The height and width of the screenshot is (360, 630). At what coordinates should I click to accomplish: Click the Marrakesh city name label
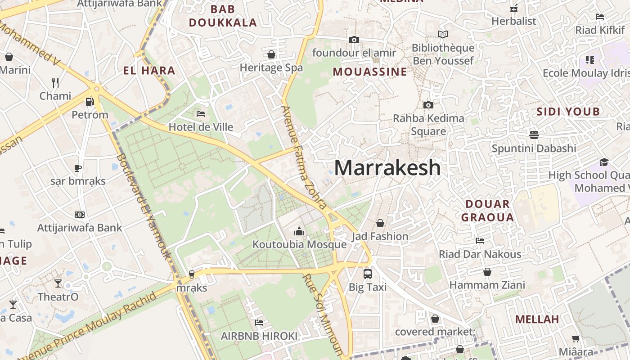[x=387, y=168]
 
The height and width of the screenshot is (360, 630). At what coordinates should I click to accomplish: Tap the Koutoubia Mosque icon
[x=299, y=231]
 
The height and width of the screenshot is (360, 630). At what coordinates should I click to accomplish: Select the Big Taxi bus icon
[x=367, y=273]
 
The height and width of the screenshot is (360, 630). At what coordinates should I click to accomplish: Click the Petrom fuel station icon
[x=90, y=101]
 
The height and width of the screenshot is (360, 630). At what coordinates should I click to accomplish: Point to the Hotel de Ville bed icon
[x=201, y=113]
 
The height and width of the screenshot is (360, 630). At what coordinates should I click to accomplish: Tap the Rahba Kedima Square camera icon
[x=428, y=105]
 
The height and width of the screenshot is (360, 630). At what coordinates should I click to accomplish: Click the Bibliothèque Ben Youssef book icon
[x=443, y=34]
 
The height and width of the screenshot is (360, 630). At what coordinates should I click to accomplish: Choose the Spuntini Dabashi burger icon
[x=534, y=135]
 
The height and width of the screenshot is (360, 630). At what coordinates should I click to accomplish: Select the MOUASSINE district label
[x=370, y=72]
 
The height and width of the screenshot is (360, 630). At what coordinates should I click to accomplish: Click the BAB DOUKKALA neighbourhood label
[x=223, y=16]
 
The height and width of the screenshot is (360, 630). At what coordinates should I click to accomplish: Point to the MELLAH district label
[x=537, y=319]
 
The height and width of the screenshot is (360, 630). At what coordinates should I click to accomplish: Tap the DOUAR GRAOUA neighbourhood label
[x=487, y=211]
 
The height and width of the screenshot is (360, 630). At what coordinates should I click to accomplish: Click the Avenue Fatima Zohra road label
[x=304, y=157]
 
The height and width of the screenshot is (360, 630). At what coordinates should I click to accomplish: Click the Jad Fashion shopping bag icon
[x=380, y=223]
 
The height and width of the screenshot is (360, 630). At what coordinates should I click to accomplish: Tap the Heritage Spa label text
[x=271, y=68]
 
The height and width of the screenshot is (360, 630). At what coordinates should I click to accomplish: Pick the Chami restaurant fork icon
[x=55, y=82]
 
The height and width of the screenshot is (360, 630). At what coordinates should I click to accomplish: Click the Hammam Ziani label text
[x=487, y=285]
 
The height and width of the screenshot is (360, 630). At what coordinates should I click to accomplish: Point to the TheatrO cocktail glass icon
[x=58, y=283]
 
